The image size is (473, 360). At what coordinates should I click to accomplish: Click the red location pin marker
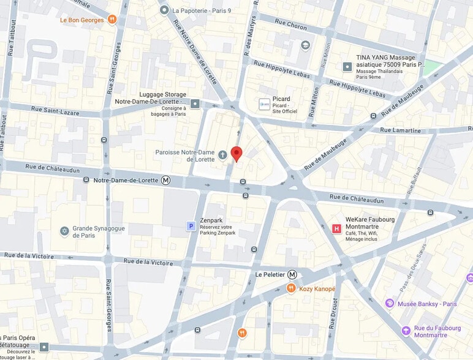(236, 154)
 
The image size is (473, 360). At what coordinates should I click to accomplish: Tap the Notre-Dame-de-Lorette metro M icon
(165, 180)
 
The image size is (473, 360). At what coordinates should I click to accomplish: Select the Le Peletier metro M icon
(292, 274)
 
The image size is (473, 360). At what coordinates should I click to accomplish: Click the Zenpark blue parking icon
(191, 227)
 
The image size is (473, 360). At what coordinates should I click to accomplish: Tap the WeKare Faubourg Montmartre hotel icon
(336, 229)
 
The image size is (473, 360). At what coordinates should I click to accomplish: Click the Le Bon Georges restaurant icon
(112, 20)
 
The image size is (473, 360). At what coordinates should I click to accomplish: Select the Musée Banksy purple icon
(389, 304)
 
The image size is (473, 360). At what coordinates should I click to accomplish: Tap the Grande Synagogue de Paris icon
(64, 231)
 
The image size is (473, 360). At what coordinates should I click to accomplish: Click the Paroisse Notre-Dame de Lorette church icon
(222, 155)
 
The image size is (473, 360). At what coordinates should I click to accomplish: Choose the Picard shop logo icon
(264, 105)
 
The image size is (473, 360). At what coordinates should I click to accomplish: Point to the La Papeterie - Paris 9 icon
(164, 10)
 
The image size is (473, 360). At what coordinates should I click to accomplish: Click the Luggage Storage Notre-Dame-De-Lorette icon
(195, 104)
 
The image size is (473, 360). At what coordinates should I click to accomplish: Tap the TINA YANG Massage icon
(347, 66)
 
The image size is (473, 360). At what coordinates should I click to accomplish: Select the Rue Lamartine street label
(400, 130)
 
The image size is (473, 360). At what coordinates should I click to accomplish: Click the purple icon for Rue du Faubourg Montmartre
(406, 331)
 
